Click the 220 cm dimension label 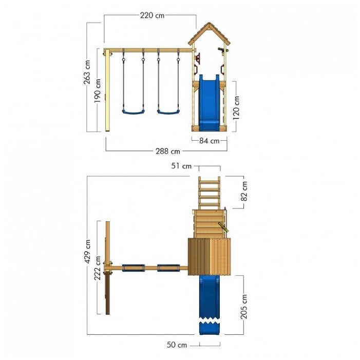[x=152, y=15]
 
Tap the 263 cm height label [x=87, y=72]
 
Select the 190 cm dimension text [x=98, y=91]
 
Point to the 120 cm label [x=236, y=108]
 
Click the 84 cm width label [x=209, y=141]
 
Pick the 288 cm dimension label [x=168, y=151]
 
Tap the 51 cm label [x=181, y=166]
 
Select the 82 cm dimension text [x=244, y=191]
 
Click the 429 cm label [x=87, y=252]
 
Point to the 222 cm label [x=98, y=268]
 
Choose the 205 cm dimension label [x=244, y=307]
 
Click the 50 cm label [x=177, y=345]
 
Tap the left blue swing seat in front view [x=134, y=112]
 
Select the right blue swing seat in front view [x=168, y=112]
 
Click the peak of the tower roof [x=209, y=23]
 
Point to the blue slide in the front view [x=209, y=103]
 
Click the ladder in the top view [x=210, y=193]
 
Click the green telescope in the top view [x=223, y=228]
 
